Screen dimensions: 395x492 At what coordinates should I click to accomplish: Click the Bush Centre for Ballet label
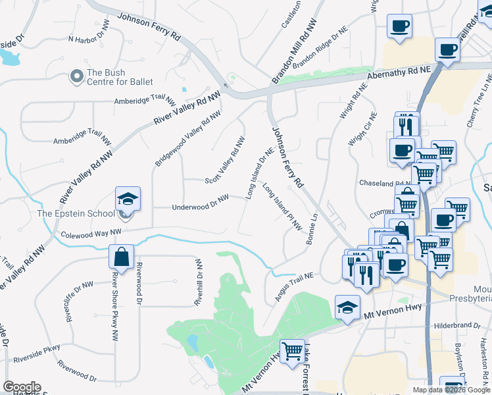coord(120,77)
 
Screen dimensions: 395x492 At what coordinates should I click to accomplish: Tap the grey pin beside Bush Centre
coord(77,77)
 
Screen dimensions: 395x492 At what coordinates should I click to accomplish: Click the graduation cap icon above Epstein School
coord(128,199)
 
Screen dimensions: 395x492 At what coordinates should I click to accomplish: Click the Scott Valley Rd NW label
coord(225,161)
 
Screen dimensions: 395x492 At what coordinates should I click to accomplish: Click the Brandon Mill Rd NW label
coord(294,51)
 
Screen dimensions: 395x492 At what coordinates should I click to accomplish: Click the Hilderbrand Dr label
coord(458,325)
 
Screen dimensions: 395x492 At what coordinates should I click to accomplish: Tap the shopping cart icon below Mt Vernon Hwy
coord(291,350)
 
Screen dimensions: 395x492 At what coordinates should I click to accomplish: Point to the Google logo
coord(22,387)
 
